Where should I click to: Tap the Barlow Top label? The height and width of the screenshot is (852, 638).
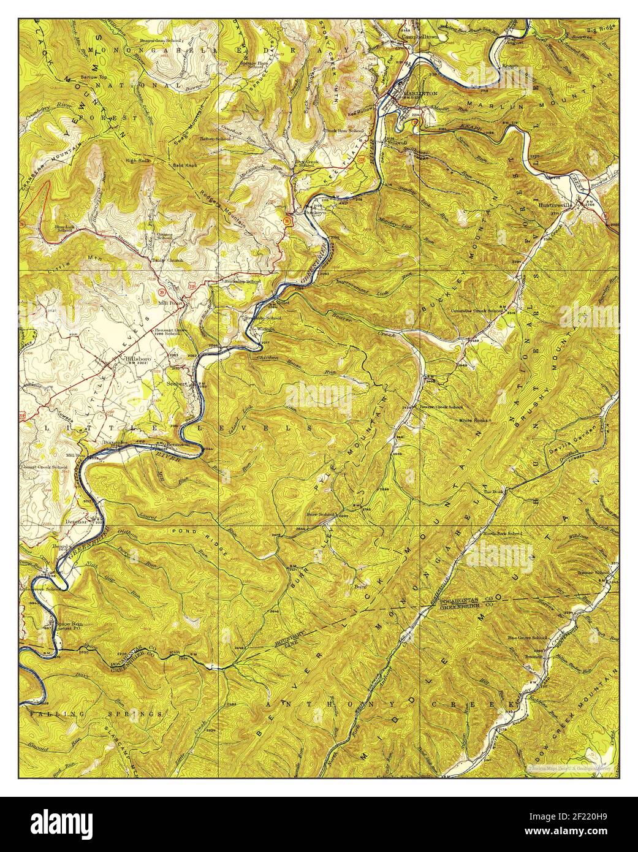click(94, 77)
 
